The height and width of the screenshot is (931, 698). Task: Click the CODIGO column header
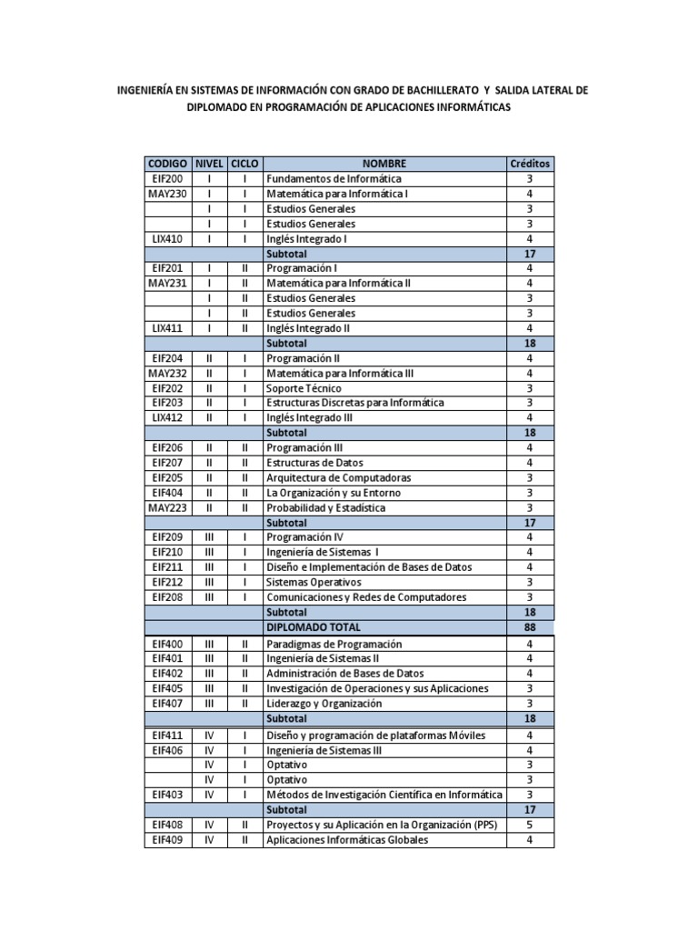point(168,164)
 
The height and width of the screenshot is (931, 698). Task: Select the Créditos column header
point(530,164)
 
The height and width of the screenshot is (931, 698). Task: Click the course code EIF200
point(168,179)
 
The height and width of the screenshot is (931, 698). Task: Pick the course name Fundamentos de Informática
point(334,179)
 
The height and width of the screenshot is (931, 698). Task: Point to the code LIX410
point(168,239)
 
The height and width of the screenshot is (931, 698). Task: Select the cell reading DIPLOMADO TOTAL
point(313,627)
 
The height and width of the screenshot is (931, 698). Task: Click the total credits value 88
point(530,627)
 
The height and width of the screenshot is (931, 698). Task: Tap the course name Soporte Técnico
point(304,388)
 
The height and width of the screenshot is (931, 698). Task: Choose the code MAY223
point(168,507)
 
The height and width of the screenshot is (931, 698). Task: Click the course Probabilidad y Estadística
point(325,507)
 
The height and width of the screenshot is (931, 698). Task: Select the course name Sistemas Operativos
point(313,582)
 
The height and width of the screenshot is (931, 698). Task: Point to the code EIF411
point(168,735)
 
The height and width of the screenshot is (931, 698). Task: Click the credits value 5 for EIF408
point(530,825)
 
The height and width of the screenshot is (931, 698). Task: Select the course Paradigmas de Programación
point(334,644)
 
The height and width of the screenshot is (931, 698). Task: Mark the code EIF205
point(168,477)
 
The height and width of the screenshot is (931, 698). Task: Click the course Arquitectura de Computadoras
point(338,477)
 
